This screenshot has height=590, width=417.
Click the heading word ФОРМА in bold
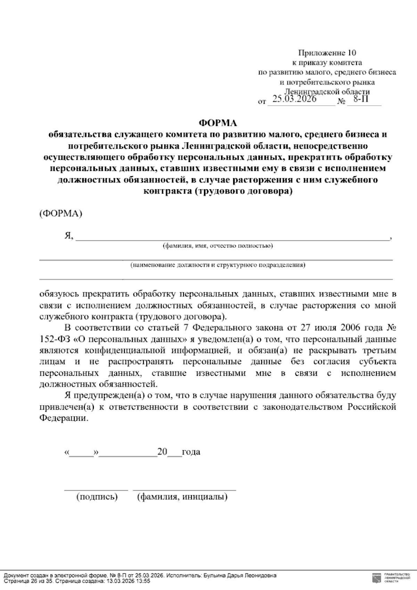pos(217,123)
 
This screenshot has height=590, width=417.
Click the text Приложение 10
pos(327,53)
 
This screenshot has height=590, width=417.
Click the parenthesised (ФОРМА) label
pos(61,214)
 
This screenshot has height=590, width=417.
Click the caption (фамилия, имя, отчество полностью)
pos(218,246)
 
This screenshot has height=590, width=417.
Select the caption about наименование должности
pos(218,265)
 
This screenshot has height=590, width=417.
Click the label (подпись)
pos(97,497)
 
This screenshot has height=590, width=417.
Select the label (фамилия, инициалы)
pos(182,497)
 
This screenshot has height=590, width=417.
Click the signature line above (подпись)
pos(96,489)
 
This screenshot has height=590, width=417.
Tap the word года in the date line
pos(191,452)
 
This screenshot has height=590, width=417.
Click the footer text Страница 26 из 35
pos(27,581)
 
